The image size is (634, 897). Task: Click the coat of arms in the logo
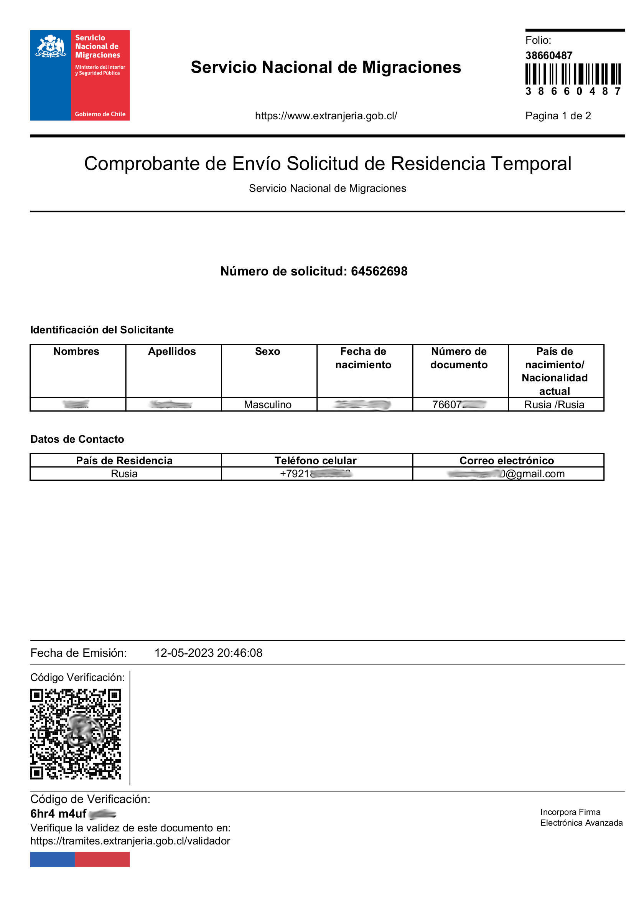(x=50, y=46)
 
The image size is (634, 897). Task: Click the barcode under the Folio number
(x=572, y=74)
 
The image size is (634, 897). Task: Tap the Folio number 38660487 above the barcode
(x=548, y=56)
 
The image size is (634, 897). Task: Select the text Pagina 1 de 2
(x=557, y=115)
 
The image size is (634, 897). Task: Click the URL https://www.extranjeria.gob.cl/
(x=326, y=115)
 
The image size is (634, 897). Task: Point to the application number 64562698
(x=379, y=271)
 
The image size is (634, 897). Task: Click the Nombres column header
(x=76, y=351)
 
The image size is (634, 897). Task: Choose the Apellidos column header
(x=172, y=351)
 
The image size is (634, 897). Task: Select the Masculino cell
(x=268, y=404)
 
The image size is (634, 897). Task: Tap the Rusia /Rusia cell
(x=554, y=404)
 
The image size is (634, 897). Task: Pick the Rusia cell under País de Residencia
(x=124, y=473)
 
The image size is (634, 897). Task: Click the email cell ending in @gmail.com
(x=508, y=473)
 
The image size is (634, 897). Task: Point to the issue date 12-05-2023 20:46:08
(x=208, y=653)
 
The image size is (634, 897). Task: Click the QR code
(x=76, y=734)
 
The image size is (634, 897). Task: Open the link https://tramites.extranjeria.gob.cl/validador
(x=130, y=841)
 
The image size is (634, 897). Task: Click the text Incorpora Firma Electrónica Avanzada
(x=581, y=817)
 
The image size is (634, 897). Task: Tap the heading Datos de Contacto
(x=77, y=439)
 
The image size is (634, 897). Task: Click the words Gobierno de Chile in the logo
(x=100, y=114)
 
